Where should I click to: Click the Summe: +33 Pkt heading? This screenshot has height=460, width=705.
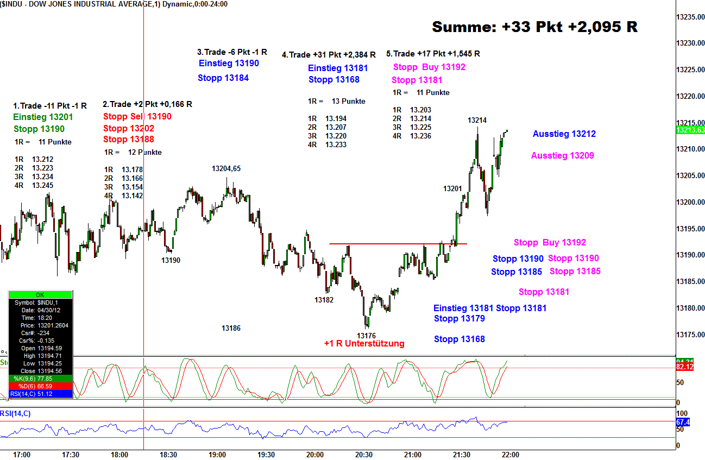pos(534,27)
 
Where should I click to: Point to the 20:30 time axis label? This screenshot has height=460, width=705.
pos(363,455)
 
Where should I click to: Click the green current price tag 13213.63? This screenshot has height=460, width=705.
pos(690,130)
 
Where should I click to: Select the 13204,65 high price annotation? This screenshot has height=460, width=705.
pos(226,169)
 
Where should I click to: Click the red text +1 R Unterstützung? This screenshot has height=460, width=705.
pos(364,343)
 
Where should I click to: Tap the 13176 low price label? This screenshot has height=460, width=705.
pos(366,336)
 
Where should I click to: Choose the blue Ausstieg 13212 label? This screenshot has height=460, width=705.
pos(564,134)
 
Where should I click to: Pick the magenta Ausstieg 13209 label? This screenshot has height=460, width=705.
pos(562,156)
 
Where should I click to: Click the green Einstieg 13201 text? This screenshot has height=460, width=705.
pos(43,117)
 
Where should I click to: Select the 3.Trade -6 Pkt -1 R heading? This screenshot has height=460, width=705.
pos(232,52)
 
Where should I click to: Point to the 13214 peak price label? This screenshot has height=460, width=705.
pos(477,120)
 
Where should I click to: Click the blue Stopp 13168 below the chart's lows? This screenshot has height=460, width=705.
pos(459,339)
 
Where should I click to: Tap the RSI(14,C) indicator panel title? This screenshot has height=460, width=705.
pos(16,414)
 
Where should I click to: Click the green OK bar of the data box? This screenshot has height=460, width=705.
pos(40,295)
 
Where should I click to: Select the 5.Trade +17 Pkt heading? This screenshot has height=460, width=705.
pos(433,54)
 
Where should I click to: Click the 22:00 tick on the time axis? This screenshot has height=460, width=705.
pos(510,455)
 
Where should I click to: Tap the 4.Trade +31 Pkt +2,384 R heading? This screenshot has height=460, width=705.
pos(329,55)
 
